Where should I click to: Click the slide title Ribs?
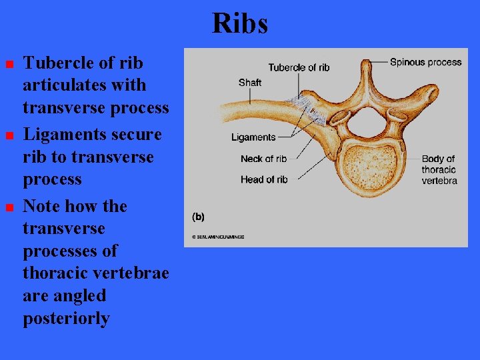pyautogui.click(x=240, y=24)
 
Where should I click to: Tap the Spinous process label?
pyautogui.click(x=425, y=62)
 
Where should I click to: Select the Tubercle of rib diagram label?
pyautogui.click(x=299, y=67)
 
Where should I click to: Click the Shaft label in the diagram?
pyautogui.click(x=250, y=83)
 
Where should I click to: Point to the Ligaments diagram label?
pyautogui.click(x=253, y=137)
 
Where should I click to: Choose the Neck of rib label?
pyautogui.click(x=264, y=159)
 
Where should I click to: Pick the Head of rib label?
pyautogui.click(x=264, y=179)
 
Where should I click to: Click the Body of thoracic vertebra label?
pyautogui.click(x=439, y=169)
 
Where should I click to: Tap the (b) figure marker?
pyautogui.click(x=198, y=217)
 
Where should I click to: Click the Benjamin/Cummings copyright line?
pyautogui.click(x=218, y=237)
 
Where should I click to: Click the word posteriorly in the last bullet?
pyautogui.click(x=66, y=319)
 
